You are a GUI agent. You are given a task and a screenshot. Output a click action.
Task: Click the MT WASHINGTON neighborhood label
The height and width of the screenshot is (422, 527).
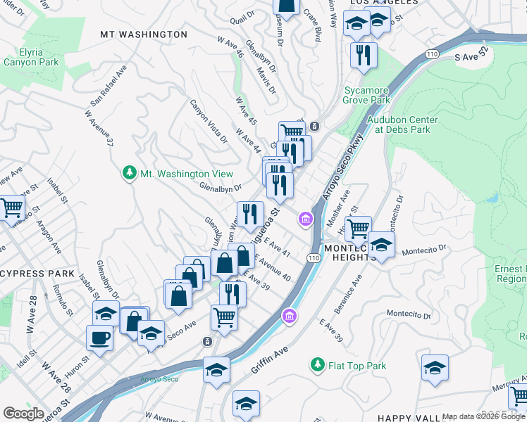pyautogui.click(x=144, y=34)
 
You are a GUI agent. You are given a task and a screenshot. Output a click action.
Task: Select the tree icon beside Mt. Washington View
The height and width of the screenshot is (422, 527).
pyautogui.click(x=129, y=173)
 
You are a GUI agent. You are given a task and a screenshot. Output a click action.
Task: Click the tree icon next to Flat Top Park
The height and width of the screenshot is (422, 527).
pyautogui.click(x=318, y=365)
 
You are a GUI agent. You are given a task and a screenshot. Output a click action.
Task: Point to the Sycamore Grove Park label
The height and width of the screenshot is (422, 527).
pyautogui.click(x=367, y=95)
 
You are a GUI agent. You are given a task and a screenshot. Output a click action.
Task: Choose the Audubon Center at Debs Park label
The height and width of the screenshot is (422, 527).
pyautogui.click(x=402, y=124)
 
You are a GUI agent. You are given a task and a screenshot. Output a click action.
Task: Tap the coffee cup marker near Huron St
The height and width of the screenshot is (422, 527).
pyautogui.click(x=99, y=337)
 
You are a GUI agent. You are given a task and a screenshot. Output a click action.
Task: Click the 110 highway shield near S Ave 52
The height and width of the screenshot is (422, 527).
pyautogui.click(x=430, y=53)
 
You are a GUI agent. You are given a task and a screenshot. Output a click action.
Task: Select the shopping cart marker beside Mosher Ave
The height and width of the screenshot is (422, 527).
pyautogui.click(x=359, y=227)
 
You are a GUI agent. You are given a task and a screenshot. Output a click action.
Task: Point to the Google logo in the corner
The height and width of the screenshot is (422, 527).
pyautogui.click(x=23, y=413)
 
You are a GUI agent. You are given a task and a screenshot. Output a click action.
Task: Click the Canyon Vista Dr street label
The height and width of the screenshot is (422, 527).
pyautogui.click(x=208, y=121)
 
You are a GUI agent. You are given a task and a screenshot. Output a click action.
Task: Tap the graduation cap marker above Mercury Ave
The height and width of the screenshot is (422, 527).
pyautogui.click(x=435, y=367)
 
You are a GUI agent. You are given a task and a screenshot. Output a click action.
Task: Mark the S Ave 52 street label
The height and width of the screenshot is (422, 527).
pyautogui.click(x=471, y=56)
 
